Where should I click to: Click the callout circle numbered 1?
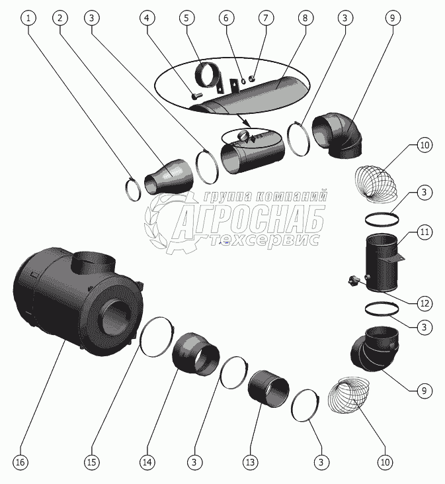pos(28,18)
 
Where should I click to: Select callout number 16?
pos(20,461)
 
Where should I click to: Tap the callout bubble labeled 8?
pos(305,18)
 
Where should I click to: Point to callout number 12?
pos(424,303)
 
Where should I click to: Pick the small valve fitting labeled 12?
pos(354,281)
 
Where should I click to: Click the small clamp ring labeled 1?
pos(133,189)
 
